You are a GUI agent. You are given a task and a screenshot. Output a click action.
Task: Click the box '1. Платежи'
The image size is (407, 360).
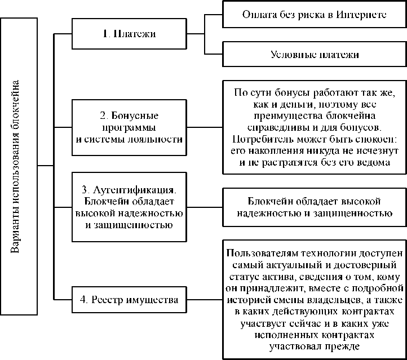(x=129, y=34)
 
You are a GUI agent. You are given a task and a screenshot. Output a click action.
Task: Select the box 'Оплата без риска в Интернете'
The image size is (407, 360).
(x=313, y=14)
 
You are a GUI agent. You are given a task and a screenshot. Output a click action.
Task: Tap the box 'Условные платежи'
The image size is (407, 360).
(x=313, y=55)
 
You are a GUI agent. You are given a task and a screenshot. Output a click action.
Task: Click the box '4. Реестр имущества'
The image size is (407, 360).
(x=129, y=300)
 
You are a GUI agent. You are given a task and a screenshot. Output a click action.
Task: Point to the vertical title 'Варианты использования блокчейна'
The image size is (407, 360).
(x=18, y=166)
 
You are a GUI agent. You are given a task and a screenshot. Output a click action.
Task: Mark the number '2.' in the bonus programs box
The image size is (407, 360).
(x=104, y=115)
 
